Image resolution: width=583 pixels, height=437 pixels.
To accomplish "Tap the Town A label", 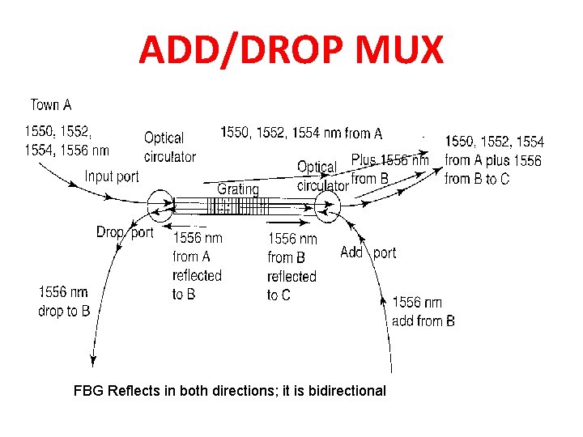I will pos(51,104).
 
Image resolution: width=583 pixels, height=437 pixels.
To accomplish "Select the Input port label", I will pos(112,176).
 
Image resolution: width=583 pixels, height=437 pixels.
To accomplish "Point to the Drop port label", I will pos(125,232).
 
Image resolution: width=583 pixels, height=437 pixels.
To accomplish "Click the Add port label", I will pos(368,252).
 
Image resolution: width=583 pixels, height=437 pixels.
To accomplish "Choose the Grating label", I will pos(238,189).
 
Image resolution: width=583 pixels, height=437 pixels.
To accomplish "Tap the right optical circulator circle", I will pos(327,209).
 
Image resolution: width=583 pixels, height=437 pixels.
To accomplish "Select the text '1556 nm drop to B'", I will pos(64,301).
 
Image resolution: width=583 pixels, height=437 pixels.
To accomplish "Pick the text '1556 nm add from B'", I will pos(423,312).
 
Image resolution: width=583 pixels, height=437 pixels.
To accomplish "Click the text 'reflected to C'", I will pos(291,286).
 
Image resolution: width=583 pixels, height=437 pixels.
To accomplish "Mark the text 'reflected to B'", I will pos(196,285).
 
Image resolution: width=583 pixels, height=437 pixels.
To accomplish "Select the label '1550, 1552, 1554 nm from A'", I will pos(301,133).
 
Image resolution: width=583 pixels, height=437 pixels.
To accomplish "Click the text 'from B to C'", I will pos(477,179).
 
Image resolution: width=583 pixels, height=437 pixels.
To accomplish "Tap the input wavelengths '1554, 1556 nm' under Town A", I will pos(66,150).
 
